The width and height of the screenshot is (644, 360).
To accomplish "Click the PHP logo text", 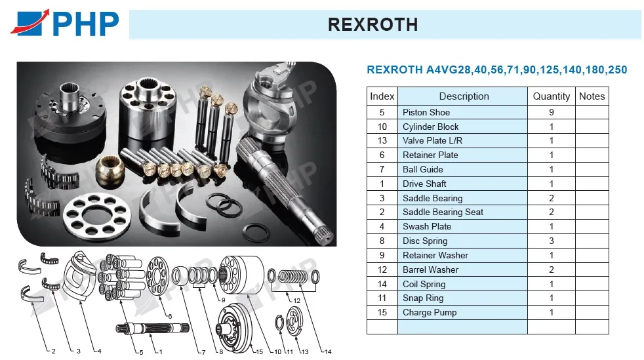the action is pyautogui.click(x=86, y=24).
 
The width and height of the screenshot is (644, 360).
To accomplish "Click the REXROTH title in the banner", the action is pyautogui.click(x=373, y=25).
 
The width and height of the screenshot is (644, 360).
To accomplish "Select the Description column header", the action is pyautogui.click(x=464, y=96).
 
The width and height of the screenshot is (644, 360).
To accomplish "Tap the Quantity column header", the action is pyautogui.click(x=551, y=96).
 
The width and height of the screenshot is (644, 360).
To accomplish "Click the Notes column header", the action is pyautogui.click(x=592, y=96).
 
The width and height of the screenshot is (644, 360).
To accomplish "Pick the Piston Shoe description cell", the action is pyautogui.click(x=462, y=113).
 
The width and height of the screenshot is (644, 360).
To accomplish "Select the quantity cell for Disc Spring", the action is pyautogui.click(x=551, y=241).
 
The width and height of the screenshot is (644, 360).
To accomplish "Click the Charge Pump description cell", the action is pyautogui.click(x=462, y=312).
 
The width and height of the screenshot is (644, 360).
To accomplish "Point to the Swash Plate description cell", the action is pyautogui.click(x=462, y=227).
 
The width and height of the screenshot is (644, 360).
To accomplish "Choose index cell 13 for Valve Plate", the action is pyautogui.click(x=382, y=141).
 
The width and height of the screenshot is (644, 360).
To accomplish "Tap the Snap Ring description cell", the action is pyautogui.click(x=462, y=298).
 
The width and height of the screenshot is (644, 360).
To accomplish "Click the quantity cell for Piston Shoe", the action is pyautogui.click(x=551, y=113).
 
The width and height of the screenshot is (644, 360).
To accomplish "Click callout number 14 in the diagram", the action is pyautogui.click(x=328, y=351).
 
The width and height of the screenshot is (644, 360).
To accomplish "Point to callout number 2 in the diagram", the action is pyautogui.click(x=53, y=351).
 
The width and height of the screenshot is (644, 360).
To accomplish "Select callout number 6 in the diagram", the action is pyautogui.click(x=170, y=316).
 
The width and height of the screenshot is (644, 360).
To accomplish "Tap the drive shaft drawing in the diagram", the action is pyautogui.click(x=152, y=328).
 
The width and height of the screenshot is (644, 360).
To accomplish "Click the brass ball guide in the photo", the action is pyautogui.click(x=110, y=169).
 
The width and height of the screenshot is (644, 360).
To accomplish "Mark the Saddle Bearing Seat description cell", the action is pyautogui.click(x=462, y=212).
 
